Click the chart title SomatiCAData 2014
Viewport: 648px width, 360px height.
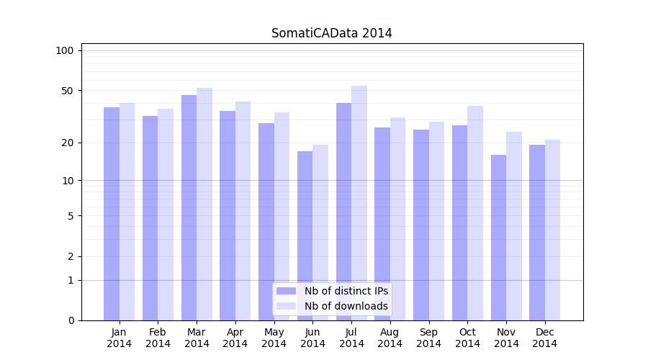point(331,33)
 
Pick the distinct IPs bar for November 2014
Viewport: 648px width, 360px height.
point(498,238)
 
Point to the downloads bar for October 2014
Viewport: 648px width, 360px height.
point(475,213)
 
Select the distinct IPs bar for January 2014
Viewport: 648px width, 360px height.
point(112,214)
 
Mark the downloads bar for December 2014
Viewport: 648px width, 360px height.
point(552,230)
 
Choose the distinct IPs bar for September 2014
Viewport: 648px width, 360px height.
point(420,225)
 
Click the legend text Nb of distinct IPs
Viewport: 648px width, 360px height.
point(346,291)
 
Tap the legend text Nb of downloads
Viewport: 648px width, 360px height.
point(346,306)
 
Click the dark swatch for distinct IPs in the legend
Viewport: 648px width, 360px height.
point(286,291)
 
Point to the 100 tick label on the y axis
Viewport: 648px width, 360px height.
point(65,50)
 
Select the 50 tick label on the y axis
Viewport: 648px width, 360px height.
point(68,91)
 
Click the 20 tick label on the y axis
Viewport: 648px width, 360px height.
point(68,143)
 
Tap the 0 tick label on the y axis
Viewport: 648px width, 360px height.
point(71,320)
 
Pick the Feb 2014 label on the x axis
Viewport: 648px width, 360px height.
point(158,338)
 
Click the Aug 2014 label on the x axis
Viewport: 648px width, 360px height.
point(390,338)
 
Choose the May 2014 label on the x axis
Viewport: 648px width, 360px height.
point(274,338)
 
